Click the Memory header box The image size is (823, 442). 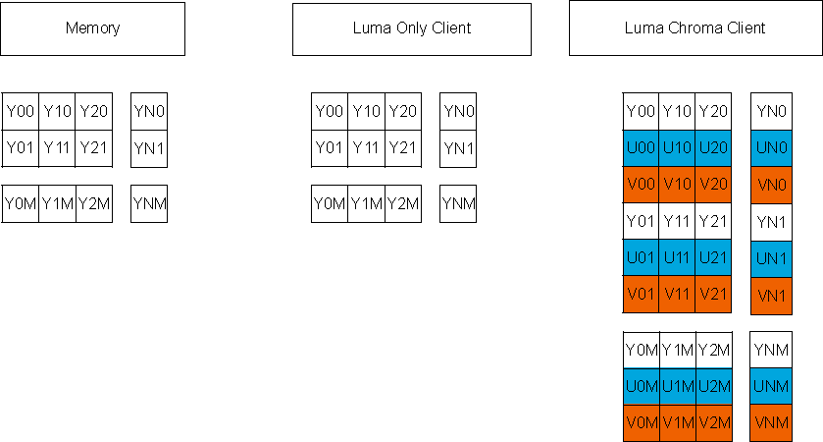pos(92,28)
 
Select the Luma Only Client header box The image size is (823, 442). pos(412,28)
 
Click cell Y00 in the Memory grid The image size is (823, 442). pos(21,112)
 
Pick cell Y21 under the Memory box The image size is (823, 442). pos(94,148)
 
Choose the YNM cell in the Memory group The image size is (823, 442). pos(149,204)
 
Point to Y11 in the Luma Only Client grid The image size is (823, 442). pos(366,148)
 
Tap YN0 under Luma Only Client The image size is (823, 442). pos(458,112)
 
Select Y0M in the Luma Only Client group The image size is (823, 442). pos(330,204)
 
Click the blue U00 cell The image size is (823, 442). pos(642,148)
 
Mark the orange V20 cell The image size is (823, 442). pos(714,185)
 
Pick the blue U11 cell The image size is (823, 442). pos(678,258)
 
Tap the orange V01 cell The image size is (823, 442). pos(642,295)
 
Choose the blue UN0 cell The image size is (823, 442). pos(771,148)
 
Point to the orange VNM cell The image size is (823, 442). pos(771,423)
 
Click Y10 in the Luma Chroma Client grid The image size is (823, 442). pos(678,112)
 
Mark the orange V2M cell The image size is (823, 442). pos(714,423)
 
